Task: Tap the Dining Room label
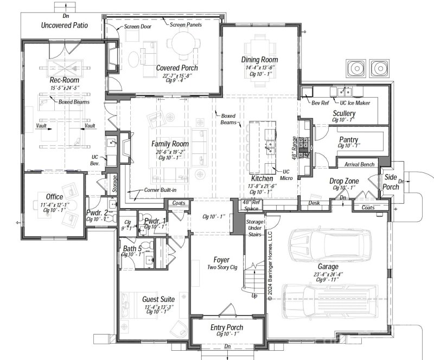coord(259,60)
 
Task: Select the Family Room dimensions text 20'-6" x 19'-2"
coord(170,151)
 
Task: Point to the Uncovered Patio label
coord(65,25)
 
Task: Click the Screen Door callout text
coord(138,26)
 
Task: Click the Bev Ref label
coord(320,103)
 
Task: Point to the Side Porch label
coord(391,182)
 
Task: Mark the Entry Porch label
coord(227,327)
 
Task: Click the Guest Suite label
coord(158,299)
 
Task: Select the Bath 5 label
coord(132,248)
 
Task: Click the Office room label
coord(54,197)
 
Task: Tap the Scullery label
coord(344,113)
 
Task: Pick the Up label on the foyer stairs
coord(254,296)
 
